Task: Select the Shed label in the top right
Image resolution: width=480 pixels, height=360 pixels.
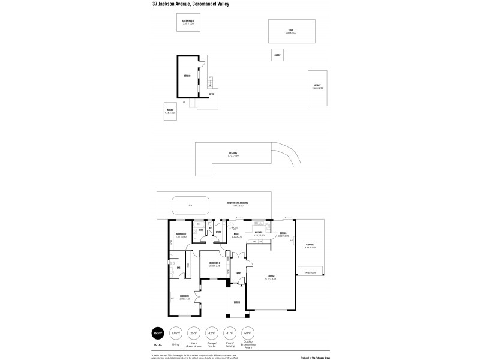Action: click(290, 31)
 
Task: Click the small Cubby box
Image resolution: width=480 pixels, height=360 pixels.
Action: click(277, 55)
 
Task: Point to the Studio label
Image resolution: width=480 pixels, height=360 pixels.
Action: click(187, 76)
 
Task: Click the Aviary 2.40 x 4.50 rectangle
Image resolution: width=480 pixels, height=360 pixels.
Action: click(317, 88)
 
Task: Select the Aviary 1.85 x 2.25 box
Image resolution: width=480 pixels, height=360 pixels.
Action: click(170, 111)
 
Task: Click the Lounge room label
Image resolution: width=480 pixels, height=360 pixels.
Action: click(271, 276)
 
